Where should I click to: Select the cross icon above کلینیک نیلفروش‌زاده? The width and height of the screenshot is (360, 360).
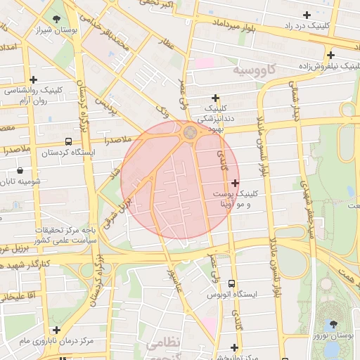point(330,55)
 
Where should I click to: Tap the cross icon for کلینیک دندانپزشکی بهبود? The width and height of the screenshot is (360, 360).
point(215,98)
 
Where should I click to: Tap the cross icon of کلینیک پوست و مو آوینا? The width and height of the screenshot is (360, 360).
point(235,183)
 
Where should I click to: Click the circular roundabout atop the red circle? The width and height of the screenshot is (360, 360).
point(190,132)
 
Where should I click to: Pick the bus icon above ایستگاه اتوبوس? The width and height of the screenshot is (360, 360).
point(232,283)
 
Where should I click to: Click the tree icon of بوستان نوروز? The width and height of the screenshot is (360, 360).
point(333,324)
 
